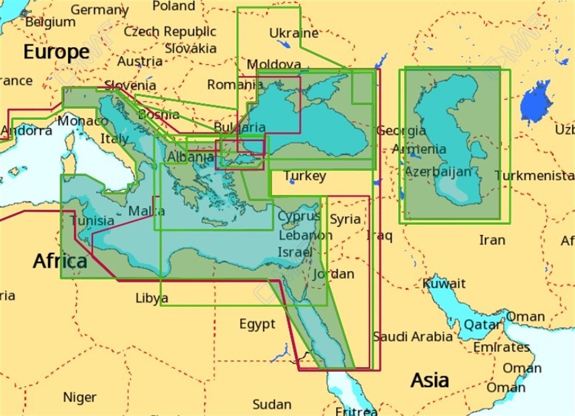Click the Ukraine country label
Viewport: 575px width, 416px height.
pyautogui.click(x=294, y=33)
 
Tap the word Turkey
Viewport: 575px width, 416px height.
pyautogui.click(x=305, y=176)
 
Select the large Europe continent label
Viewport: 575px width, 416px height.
pyautogui.click(x=57, y=52)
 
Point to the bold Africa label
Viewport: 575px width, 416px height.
pyautogui.click(x=60, y=262)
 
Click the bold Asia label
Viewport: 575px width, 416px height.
pyautogui.click(x=430, y=381)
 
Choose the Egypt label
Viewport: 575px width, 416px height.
pyautogui.click(x=257, y=324)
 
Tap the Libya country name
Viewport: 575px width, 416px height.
pyautogui.click(x=151, y=298)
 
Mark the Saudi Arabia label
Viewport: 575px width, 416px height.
pyautogui.click(x=413, y=336)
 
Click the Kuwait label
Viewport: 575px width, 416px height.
pyautogui.click(x=444, y=283)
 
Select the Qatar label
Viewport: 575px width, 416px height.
pyautogui.click(x=482, y=325)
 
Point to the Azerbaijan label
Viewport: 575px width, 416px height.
pyautogui.click(x=438, y=172)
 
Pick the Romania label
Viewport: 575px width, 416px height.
pyautogui.click(x=235, y=85)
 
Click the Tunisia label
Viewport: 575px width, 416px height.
pyautogui.click(x=92, y=220)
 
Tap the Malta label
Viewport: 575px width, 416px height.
pyautogui.click(x=147, y=211)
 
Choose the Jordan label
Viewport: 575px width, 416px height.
pyautogui.click(x=333, y=274)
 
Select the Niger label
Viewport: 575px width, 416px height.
pyautogui.click(x=80, y=397)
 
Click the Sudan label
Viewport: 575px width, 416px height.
pyautogui.click(x=271, y=404)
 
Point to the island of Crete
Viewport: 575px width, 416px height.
pyautogui.click(x=214, y=222)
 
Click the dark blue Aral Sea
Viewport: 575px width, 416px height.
pyautogui.click(x=536, y=102)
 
